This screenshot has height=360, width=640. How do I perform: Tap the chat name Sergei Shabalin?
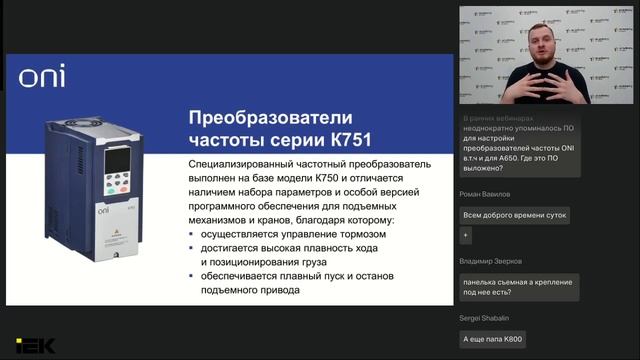pyautogui.click(x=485, y=316)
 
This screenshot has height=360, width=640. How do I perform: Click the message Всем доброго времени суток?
pyautogui.click(x=513, y=215)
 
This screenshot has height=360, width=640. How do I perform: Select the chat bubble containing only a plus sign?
pyautogui.click(x=465, y=235)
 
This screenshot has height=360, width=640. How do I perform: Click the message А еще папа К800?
pyautogui.click(x=492, y=340)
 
